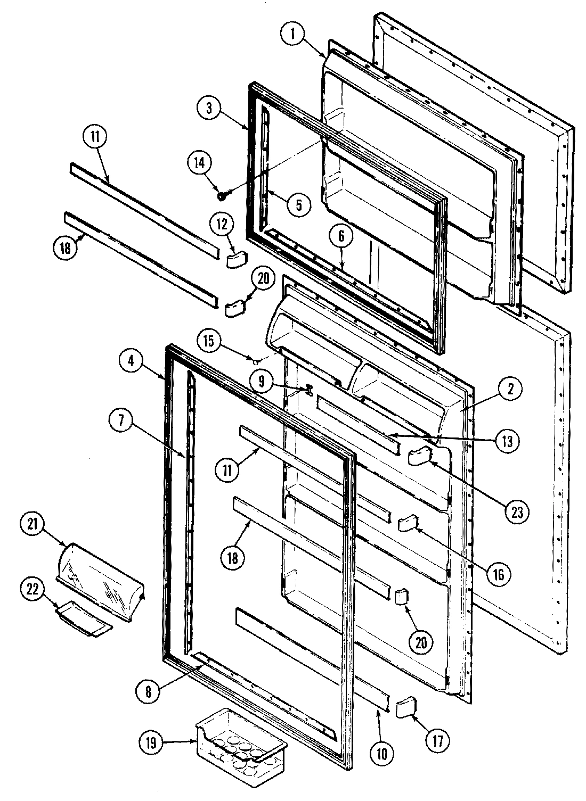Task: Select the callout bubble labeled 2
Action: (510, 390)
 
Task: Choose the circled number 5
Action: (298, 204)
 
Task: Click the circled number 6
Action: (341, 238)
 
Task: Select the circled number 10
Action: (384, 753)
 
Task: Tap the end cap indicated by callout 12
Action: (233, 259)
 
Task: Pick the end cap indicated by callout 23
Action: (418, 456)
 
